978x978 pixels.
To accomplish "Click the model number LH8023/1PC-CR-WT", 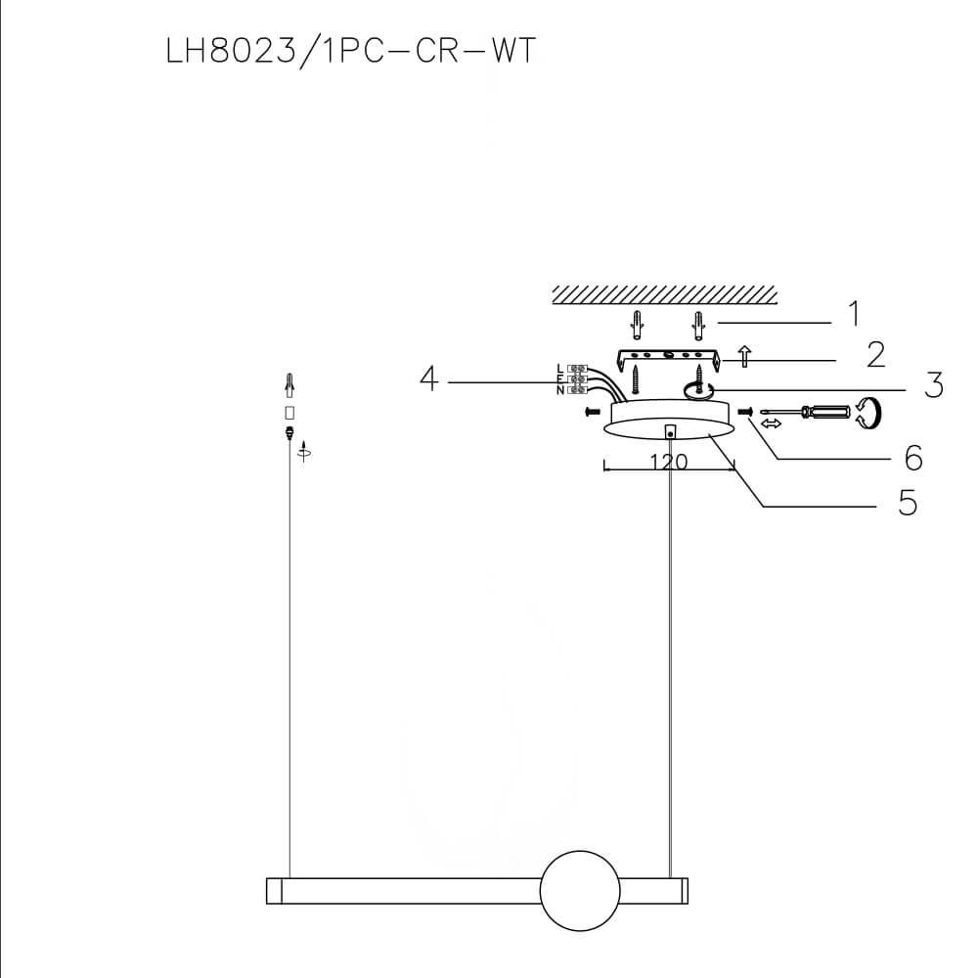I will [352, 50].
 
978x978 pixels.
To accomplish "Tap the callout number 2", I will [875, 355].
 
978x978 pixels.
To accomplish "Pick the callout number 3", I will [935, 385].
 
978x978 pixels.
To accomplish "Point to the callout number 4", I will [428, 379].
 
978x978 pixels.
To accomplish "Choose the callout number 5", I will [908, 503].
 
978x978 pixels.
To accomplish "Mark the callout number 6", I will [913, 456].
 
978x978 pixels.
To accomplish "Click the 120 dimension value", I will [669, 463].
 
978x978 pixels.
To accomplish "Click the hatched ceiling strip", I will [664, 294].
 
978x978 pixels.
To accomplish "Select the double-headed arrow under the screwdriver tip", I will [771, 424].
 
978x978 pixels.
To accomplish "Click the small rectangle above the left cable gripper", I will [289, 412].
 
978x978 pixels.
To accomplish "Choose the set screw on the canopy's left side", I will [591, 412].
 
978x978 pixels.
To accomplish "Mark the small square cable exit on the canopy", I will [669, 430].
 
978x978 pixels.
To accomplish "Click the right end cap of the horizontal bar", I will [685, 890].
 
